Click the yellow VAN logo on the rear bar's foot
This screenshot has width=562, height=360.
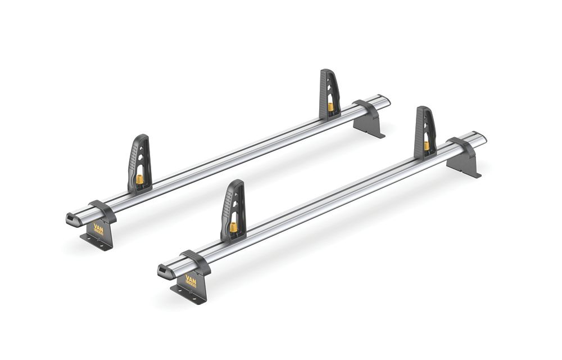pyautogui.click(x=98, y=229)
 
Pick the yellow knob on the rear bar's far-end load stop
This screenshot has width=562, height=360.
pyautogui.click(x=331, y=107)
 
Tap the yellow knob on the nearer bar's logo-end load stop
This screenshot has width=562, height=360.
pyautogui.click(x=233, y=227)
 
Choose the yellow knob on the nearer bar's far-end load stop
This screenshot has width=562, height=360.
pyautogui.click(x=427, y=146)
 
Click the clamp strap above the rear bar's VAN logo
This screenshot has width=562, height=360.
pyautogui.click(x=101, y=209)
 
